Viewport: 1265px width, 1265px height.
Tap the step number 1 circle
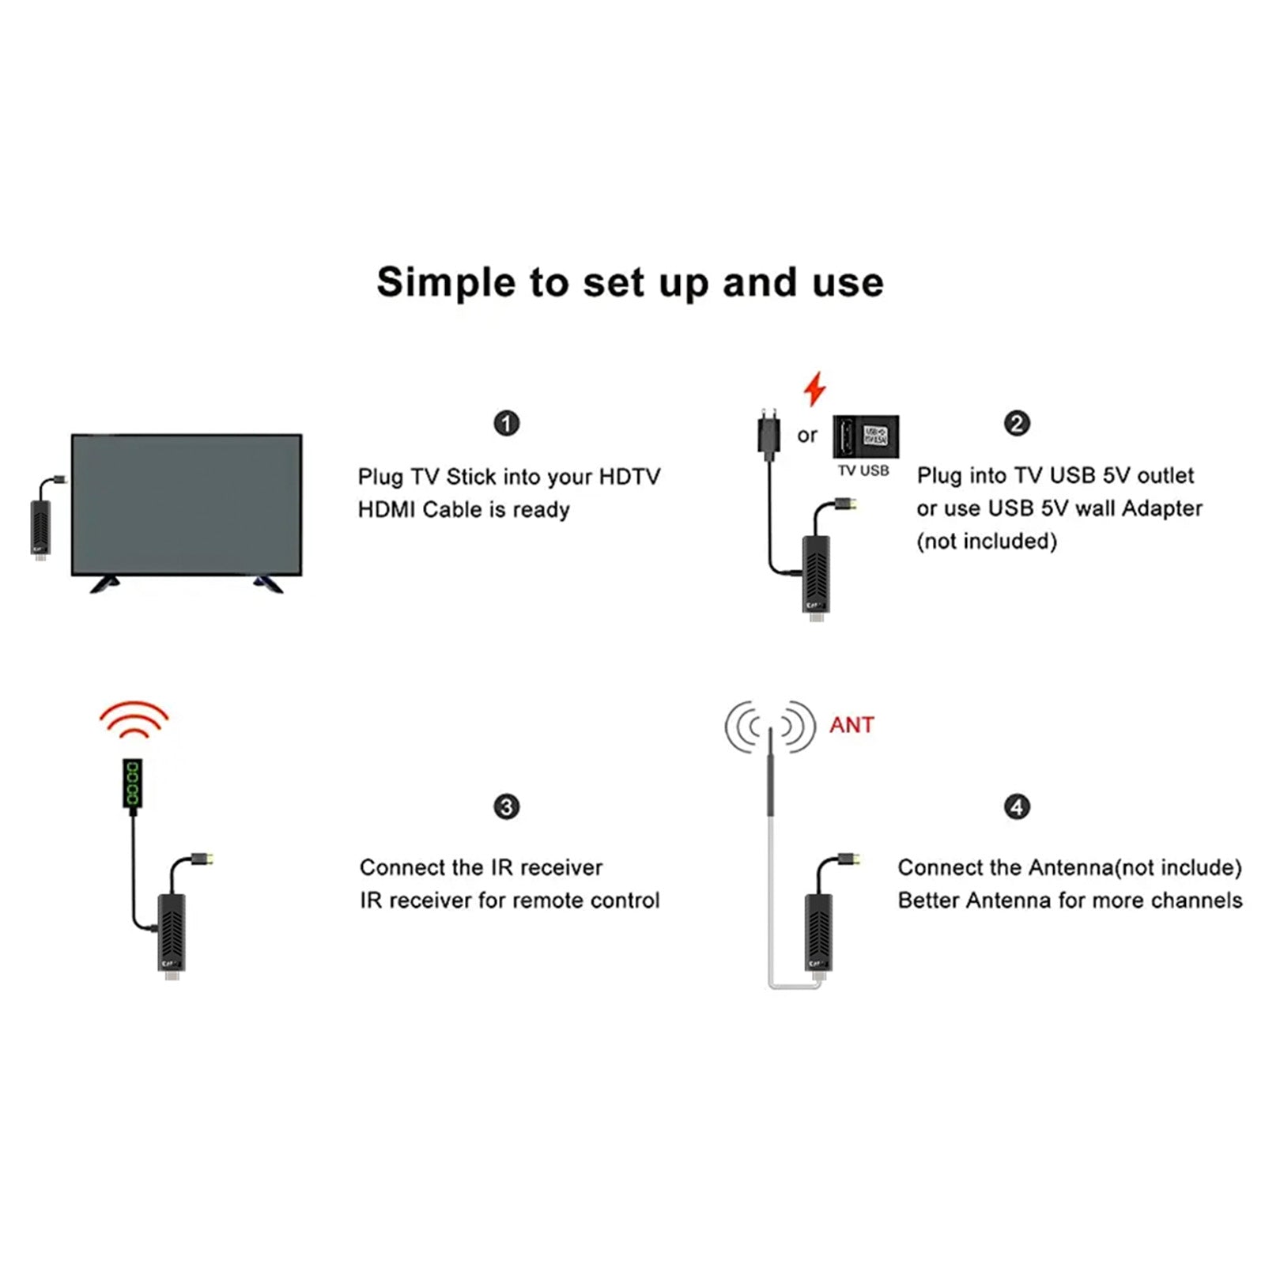tap(507, 423)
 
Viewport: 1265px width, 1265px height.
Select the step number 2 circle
tap(1017, 423)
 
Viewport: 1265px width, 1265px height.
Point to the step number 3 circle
tap(507, 806)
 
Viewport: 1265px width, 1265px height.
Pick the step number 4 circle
tap(1017, 806)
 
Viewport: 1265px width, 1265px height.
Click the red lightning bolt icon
tap(814, 389)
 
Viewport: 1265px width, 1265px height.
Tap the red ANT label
tap(852, 725)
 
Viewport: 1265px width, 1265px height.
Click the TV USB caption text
tap(863, 471)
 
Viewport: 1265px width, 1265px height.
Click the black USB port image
tap(866, 436)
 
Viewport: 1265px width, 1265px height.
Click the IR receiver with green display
tap(133, 783)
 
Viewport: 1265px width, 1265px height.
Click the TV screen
tap(187, 504)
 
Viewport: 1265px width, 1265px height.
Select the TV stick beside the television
tap(41, 526)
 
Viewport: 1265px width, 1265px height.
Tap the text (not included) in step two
tap(986, 542)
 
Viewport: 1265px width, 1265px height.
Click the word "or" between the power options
tap(806, 436)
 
